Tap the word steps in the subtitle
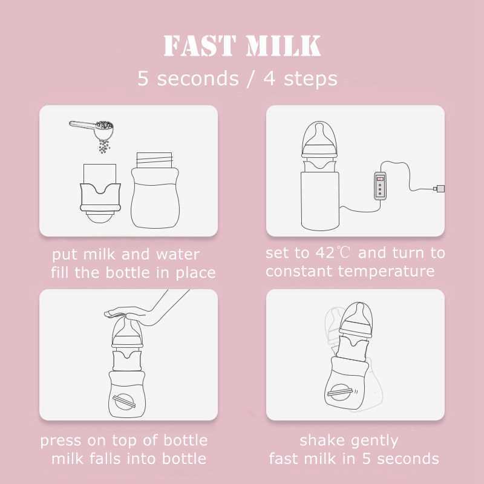309,79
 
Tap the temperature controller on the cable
379,185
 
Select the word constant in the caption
298,271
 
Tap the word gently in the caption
374,440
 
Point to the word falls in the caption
113,459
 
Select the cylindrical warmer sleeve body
320,200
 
